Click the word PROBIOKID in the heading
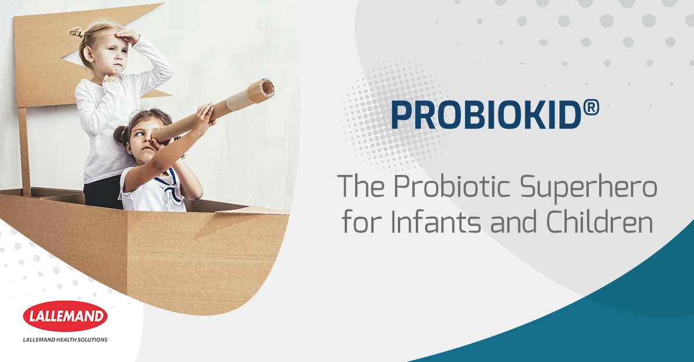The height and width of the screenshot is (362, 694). [x=486, y=115]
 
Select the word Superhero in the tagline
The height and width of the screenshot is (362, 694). [x=588, y=188]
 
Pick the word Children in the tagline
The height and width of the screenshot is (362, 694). [x=599, y=222]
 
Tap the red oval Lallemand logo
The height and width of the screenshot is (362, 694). [x=65, y=316]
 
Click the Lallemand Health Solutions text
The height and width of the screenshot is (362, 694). [x=65, y=339]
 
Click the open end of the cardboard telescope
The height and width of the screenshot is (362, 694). [x=267, y=88]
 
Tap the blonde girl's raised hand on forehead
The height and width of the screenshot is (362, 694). [x=127, y=36]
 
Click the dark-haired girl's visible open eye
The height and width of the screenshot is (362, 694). [x=140, y=134]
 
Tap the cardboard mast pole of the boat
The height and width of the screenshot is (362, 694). [x=25, y=152]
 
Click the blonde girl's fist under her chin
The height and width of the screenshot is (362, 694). [x=110, y=80]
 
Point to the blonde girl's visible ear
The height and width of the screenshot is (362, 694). [x=88, y=54]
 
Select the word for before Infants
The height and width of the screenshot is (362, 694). [x=361, y=222]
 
